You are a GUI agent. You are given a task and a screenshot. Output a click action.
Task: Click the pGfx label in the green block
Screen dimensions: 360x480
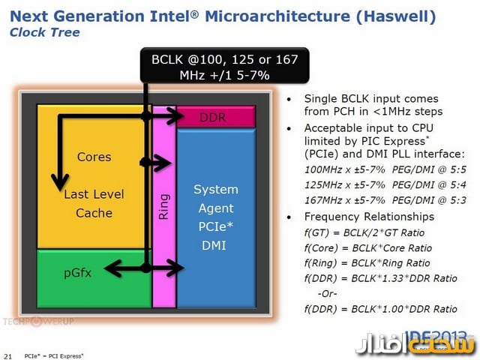(x=77, y=273)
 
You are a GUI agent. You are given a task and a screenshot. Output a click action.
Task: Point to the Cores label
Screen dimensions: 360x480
(x=94, y=157)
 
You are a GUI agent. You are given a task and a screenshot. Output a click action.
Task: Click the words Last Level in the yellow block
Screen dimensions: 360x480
(x=94, y=194)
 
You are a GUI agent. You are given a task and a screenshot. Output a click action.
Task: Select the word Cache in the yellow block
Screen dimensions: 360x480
(x=94, y=213)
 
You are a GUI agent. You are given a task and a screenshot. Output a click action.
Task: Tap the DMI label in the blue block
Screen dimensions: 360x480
(x=216, y=245)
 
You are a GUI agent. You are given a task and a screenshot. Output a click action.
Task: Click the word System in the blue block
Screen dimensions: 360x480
(x=216, y=189)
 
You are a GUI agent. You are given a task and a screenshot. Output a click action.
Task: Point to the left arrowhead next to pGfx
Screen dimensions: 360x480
(x=111, y=265)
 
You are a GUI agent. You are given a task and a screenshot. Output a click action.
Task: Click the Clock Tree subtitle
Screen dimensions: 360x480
(x=44, y=32)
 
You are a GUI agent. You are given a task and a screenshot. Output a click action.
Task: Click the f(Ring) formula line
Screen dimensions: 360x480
(x=367, y=262)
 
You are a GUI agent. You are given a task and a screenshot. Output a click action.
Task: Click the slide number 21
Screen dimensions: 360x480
(x=8, y=354)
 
